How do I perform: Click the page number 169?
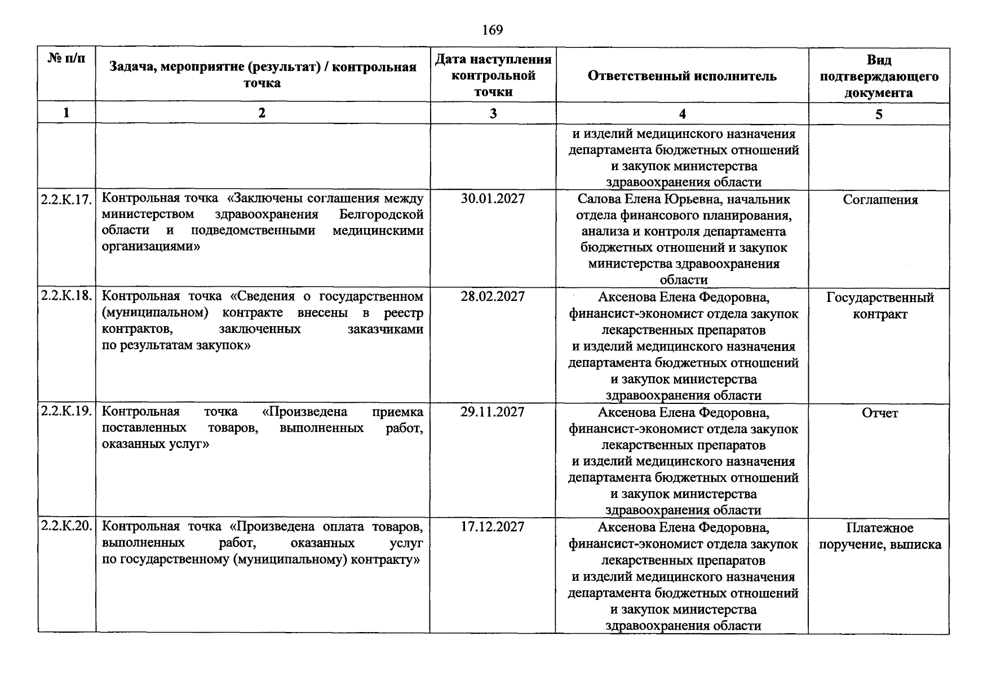click(x=493, y=30)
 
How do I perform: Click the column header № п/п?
click(x=67, y=58)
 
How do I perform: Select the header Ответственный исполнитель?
click(x=682, y=76)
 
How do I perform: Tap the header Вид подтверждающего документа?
click(x=879, y=77)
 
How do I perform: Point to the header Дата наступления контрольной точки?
click(x=493, y=75)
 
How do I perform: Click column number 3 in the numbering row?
click(x=493, y=113)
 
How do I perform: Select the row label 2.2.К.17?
click(x=67, y=199)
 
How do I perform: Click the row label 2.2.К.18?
click(x=67, y=296)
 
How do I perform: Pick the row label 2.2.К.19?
click(x=67, y=411)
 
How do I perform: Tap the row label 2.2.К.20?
click(x=67, y=526)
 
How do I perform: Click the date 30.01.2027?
click(x=493, y=199)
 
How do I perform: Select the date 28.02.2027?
click(x=493, y=296)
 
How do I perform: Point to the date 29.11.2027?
click(x=493, y=412)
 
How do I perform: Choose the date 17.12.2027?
click(x=493, y=527)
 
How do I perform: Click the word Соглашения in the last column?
click(x=880, y=200)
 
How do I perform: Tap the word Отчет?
click(x=880, y=413)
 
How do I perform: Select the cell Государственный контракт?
click(x=880, y=306)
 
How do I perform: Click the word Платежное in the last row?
click(x=879, y=528)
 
